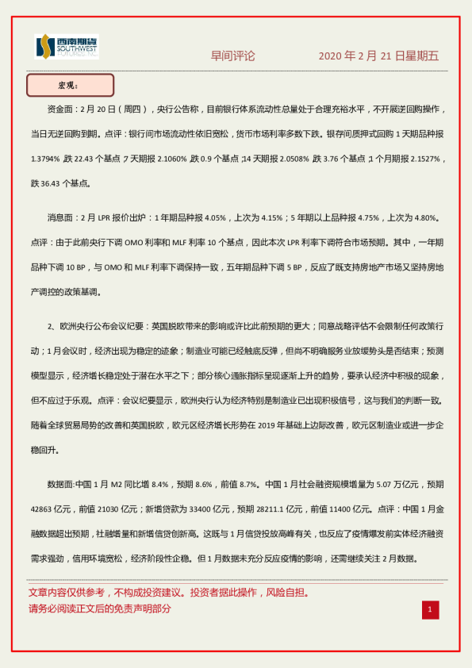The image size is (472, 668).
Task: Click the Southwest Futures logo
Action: pos(67,48)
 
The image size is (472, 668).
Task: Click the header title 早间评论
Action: pos(232,56)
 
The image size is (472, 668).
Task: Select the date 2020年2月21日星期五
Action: pos(378,56)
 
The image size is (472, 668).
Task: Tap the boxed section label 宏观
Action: pos(70,85)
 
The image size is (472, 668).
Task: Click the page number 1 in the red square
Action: pos(429,609)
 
